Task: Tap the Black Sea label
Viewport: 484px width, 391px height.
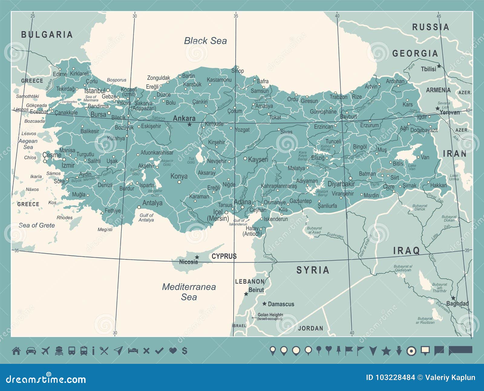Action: coord(205,41)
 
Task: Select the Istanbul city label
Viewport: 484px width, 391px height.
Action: coord(95,91)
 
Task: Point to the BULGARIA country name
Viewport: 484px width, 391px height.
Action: coord(47,34)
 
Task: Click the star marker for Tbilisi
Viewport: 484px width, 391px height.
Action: coord(439,66)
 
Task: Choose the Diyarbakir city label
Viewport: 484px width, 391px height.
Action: coord(341,184)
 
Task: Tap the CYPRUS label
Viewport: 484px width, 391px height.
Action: coord(224,256)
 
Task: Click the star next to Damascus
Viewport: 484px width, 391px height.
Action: coord(264,304)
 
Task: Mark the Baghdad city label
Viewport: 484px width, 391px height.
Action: coord(457,304)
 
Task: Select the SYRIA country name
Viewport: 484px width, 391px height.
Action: coord(313,270)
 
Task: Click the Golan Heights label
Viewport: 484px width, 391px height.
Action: coord(270,315)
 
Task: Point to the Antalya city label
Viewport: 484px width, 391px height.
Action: coord(152,203)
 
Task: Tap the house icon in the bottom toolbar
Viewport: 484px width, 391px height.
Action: coord(16,351)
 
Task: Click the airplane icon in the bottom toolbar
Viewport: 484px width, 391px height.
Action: coord(45,351)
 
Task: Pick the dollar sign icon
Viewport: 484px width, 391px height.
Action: coord(185,351)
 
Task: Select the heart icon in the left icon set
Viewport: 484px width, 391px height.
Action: coord(173,351)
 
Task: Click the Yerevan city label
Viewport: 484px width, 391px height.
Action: coord(450,112)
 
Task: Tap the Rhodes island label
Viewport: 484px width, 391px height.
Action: coord(64,218)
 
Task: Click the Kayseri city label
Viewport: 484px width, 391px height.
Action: coord(258,159)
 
